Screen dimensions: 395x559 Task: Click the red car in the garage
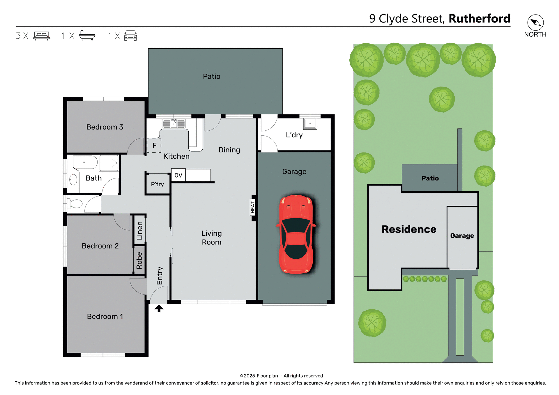296,234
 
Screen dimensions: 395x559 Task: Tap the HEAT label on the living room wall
253,208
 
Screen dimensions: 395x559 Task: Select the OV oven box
178,175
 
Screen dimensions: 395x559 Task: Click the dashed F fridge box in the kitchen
154,146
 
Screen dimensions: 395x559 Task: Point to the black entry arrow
159,308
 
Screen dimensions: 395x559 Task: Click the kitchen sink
174,124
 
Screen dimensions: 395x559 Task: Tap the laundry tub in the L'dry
310,124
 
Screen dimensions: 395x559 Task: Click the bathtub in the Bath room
85,162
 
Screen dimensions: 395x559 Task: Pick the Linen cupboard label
140,231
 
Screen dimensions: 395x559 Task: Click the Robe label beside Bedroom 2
139,260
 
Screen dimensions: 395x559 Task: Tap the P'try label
158,184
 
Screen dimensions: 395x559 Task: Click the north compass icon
535,22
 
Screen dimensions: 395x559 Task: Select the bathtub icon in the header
87,36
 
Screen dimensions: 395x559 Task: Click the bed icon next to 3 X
42,36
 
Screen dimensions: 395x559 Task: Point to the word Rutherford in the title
479,19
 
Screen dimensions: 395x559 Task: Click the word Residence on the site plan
409,229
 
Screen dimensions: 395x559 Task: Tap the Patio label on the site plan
430,178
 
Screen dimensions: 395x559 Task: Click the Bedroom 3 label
105,127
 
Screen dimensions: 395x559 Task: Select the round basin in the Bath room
73,180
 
